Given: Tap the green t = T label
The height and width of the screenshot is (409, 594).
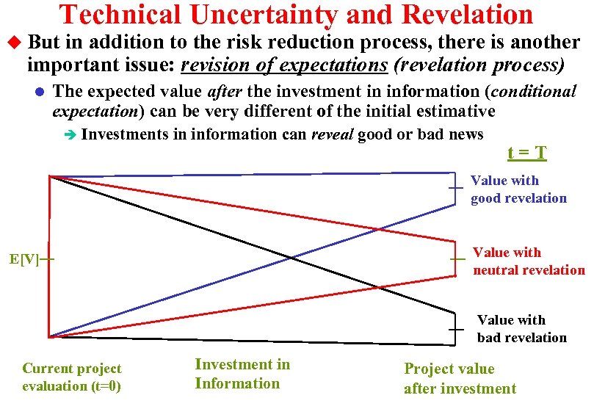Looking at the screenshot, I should point(527,153).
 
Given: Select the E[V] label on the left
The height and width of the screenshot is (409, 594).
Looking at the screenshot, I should point(24,260).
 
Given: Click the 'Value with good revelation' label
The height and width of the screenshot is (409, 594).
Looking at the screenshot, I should point(518,189).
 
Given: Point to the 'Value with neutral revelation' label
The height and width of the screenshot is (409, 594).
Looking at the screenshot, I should point(529,261).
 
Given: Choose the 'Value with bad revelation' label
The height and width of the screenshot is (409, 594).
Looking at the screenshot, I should point(522,329).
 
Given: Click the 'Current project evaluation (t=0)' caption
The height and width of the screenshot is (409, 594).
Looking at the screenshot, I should point(72,377).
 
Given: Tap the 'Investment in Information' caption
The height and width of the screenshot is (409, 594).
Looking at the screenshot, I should point(242,374).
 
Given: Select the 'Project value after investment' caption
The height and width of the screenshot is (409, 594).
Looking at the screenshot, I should point(460,379).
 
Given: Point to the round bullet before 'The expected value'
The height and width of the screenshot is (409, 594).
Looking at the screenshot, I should point(40,93).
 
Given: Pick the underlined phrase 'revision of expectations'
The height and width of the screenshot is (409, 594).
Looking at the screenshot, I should point(283,65).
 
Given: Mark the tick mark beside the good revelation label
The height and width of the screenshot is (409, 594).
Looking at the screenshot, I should point(456,189).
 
